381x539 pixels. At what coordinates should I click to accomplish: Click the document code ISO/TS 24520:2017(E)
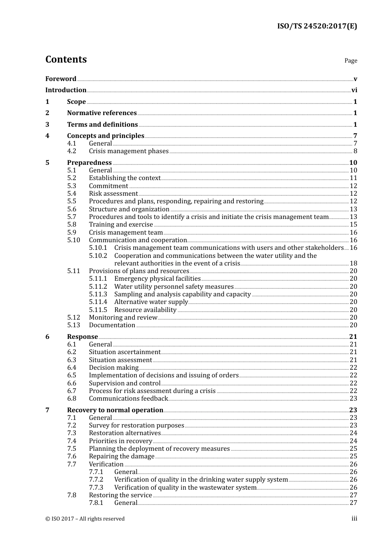(x=317, y=26)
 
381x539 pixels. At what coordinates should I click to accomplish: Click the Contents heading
(x=66, y=59)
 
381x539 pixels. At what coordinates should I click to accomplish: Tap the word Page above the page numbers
(x=351, y=61)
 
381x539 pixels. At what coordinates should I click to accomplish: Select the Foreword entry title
(x=61, y=79)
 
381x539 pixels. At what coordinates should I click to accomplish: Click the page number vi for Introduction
(x=354, y=90)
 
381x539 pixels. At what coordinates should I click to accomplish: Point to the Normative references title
(x=102, y=113)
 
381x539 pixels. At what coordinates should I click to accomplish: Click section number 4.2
(x=71, y=151)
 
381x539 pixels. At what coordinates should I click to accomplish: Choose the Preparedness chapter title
(x=89, y=163)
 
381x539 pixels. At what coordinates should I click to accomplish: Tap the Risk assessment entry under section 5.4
(x=113, y=194)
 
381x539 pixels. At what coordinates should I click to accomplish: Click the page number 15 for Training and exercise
(x=353, y=225)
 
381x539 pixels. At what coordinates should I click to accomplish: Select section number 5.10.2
(x=98, y=256)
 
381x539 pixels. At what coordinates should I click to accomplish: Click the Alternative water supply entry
(x=151, y=302)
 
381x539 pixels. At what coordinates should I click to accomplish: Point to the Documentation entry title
(x=112, y=325)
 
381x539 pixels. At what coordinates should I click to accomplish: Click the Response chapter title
(x=82, y=337)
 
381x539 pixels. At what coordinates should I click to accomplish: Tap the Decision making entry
(x=113, y=368)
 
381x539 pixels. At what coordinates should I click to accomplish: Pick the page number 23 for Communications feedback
(x=353, y=399)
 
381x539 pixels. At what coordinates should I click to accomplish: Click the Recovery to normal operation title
(x=115, y=410)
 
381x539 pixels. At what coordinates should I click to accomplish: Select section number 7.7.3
(x=96, y=488)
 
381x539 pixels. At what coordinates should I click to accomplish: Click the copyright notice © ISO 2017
(x=85, y=519)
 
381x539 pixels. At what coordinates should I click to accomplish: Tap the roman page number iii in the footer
(x=354, y=519)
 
